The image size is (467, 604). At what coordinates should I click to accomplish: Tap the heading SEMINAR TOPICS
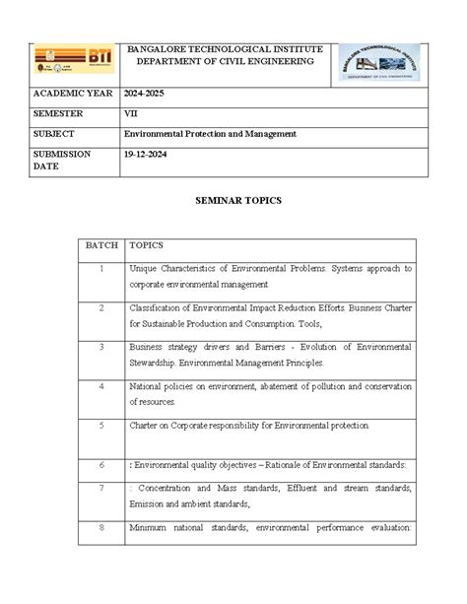tap(233, 199)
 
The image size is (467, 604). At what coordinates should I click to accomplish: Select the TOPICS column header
tap(148, 244)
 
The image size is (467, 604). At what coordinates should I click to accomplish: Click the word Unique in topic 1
tap(144, 268)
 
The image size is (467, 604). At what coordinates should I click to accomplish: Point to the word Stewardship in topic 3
tap(156, 363)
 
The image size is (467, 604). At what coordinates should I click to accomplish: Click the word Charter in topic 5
tap(144, 426)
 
